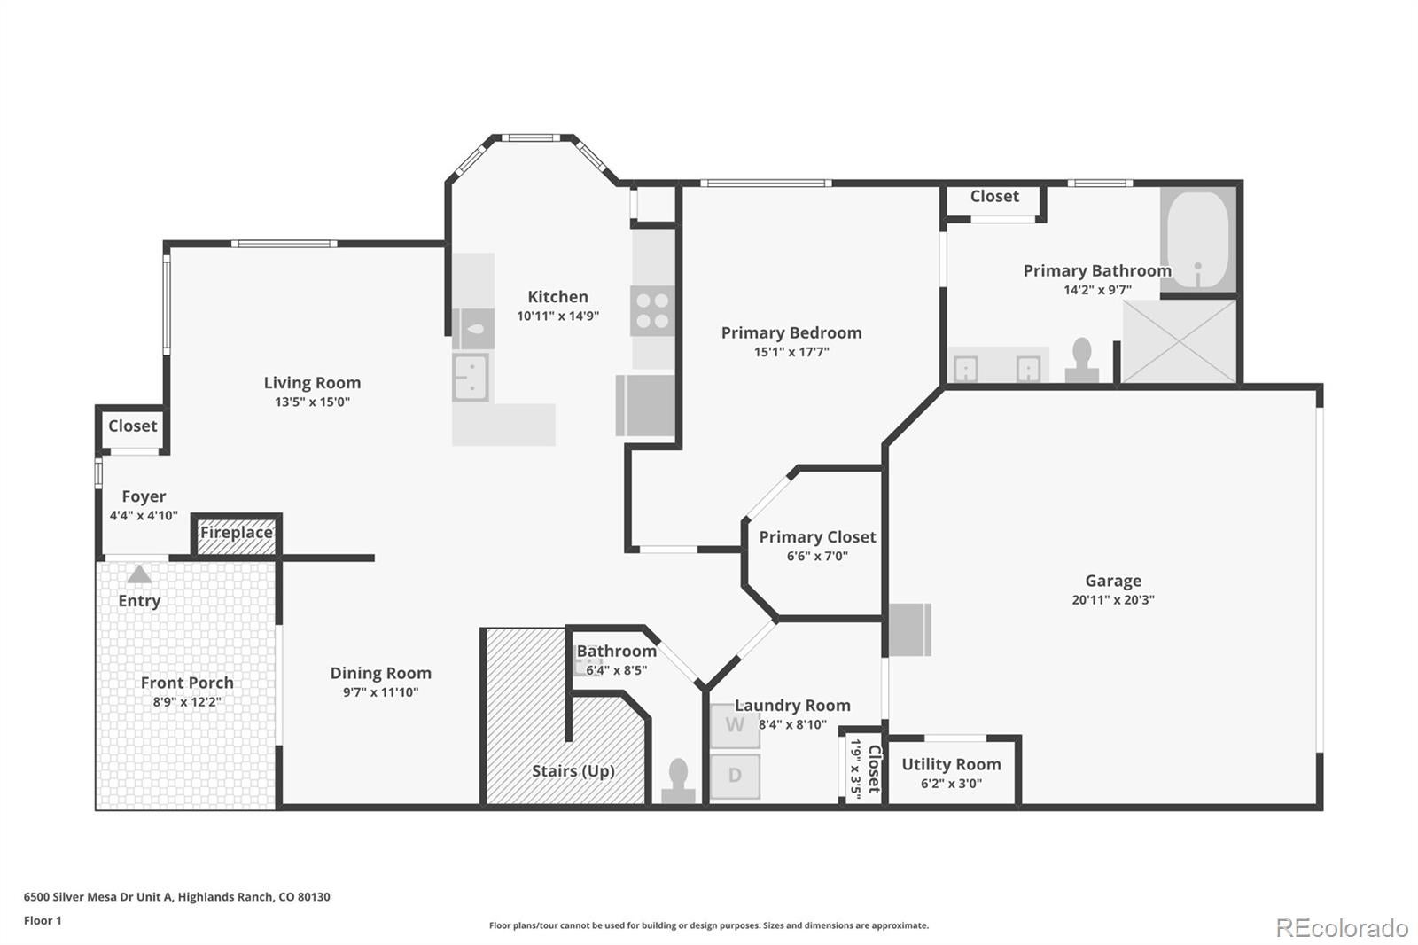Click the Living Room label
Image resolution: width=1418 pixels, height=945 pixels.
pyautogui.click(x=312, y=383)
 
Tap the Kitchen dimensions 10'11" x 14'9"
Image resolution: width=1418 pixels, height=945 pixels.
pyautogui.click(x=557, y=316)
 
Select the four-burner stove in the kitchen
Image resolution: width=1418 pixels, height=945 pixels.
pyautogui.click(x=652, y=311)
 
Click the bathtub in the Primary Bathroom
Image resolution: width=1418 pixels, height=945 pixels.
pyautogui.click(x=1197, y=240)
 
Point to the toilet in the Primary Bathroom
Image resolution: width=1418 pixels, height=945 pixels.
pyautogui.click(x=1082, y=360)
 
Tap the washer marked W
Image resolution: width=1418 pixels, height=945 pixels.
pyautogui.click(x=735, y=725)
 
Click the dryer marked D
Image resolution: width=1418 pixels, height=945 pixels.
pyautogui.click(x=735, y=776)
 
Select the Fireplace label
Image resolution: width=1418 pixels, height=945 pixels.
pyautogui.click(x=236, y=533)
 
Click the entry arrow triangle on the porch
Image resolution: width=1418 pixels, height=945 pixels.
pyautogui.click(x=139, y=574)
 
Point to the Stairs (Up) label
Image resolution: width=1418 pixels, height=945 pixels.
pyautogui.click(x=573, y=771)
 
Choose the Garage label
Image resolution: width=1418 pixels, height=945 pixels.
pyautogui.click(x=1113, y=581)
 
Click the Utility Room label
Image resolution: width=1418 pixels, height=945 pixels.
pyautogui.click(x=952, y=764)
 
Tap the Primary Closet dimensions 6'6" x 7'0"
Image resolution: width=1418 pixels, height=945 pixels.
pyautogui.click(x=817, y=556)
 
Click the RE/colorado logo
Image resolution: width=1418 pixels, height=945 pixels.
pyautogui.click(x=1342, y=928)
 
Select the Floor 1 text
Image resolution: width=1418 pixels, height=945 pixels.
pyautogui.click(x=43, y=920)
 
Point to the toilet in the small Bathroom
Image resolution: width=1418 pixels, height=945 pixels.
pyautogui.click(x=678, y=781)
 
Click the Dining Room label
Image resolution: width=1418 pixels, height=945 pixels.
pyautogui.click(x=380, y=673)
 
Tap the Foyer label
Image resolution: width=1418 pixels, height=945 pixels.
pyautogui.click(x=144, y=496)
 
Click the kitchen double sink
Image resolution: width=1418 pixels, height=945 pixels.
pyautogui.click(x=471, y=378)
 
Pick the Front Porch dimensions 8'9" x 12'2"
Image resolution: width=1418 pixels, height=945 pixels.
pyautogui.click(x=187, y=702)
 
